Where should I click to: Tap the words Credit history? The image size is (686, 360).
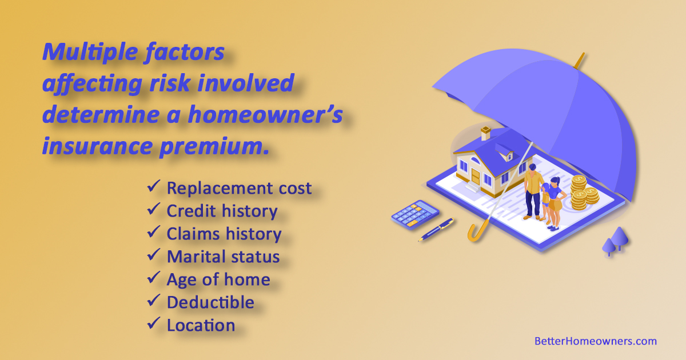222,211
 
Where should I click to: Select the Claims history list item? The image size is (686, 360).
224,234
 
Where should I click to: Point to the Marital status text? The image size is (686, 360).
223,257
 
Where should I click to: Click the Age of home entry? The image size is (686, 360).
218,279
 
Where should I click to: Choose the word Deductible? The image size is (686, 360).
210,302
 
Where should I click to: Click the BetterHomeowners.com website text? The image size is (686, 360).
595,341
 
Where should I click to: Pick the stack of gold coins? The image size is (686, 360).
583,191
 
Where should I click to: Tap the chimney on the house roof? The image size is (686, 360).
485,133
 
